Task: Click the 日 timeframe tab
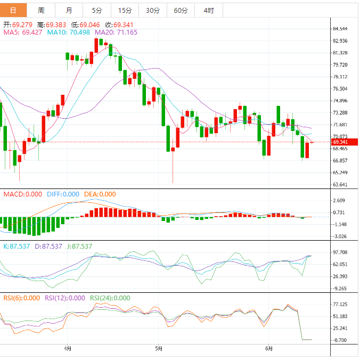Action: pos(13,10)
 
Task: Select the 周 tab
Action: pos(41,10)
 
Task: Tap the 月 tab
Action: pos(69,10)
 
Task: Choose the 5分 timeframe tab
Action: pos(96,10)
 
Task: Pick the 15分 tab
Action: pos(125,10)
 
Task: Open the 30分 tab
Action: pos(152,10)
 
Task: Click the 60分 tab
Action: pos(181,10)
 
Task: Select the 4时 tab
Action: pos(209,10)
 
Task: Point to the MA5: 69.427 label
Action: pos(23,32)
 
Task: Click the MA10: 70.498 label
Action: pos(69,32)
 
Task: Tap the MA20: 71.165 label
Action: pos(116,32)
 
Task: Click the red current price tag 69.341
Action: pos(341,142)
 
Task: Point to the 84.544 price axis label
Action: pos(340,29)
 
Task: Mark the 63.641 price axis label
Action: pos(340,185)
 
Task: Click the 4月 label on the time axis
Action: pos(68,349)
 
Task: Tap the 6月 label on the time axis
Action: pos(269,349)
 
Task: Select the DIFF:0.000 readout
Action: pos(63,194)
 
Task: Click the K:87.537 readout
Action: pos(17,247)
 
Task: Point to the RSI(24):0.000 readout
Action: pos(110,298)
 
